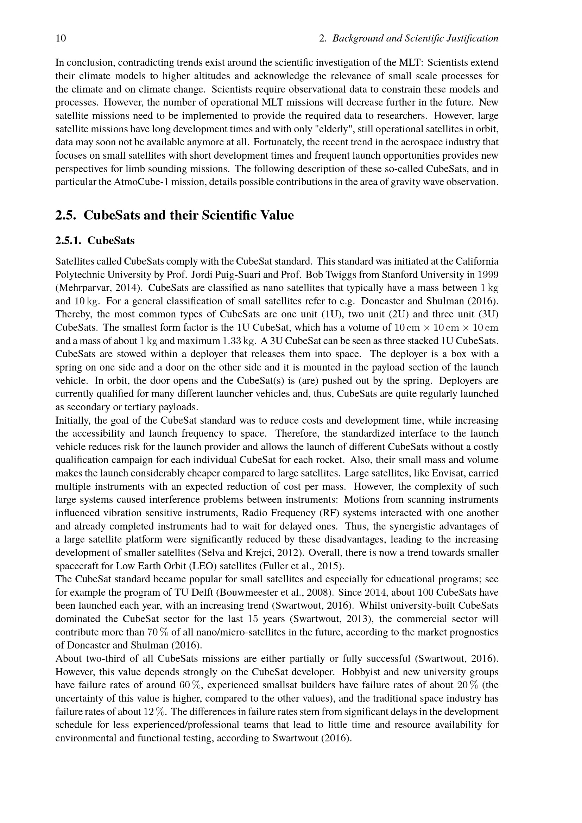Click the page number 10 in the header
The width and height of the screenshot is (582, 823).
61,38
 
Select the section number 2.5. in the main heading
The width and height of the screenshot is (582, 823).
66,215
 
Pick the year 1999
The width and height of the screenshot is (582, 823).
488,274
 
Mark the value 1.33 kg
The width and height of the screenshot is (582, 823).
240,341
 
